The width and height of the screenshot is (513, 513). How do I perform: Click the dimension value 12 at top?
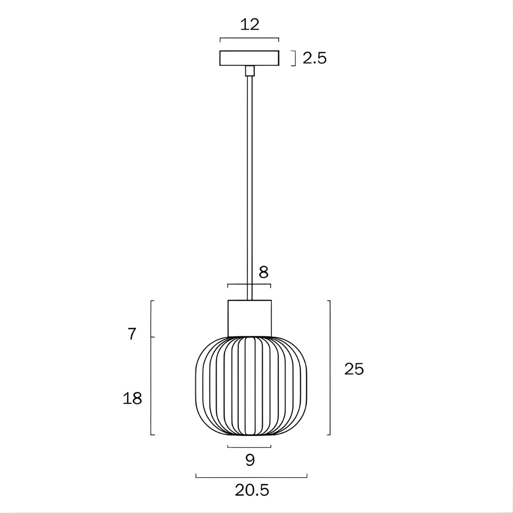click(250, 25)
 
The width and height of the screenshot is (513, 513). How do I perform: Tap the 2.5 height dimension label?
click(315, 58)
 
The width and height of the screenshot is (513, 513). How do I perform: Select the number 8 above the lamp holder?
click(263, 273)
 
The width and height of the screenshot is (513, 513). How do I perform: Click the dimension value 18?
click(132, 399)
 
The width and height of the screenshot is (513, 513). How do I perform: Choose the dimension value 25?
click(354, 369)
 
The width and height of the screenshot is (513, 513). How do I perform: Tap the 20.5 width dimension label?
click(252, 490)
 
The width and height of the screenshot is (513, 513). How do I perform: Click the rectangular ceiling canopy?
click(249, 58)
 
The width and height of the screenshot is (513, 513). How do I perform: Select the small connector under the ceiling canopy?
click(249, 71)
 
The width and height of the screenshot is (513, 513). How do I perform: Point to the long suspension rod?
click(249, 186)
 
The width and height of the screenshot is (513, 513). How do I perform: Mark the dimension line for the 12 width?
click(249, 38)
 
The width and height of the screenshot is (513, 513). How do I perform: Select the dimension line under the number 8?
click(249, 284)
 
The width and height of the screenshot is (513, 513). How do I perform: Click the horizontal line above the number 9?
click(249, 447)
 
